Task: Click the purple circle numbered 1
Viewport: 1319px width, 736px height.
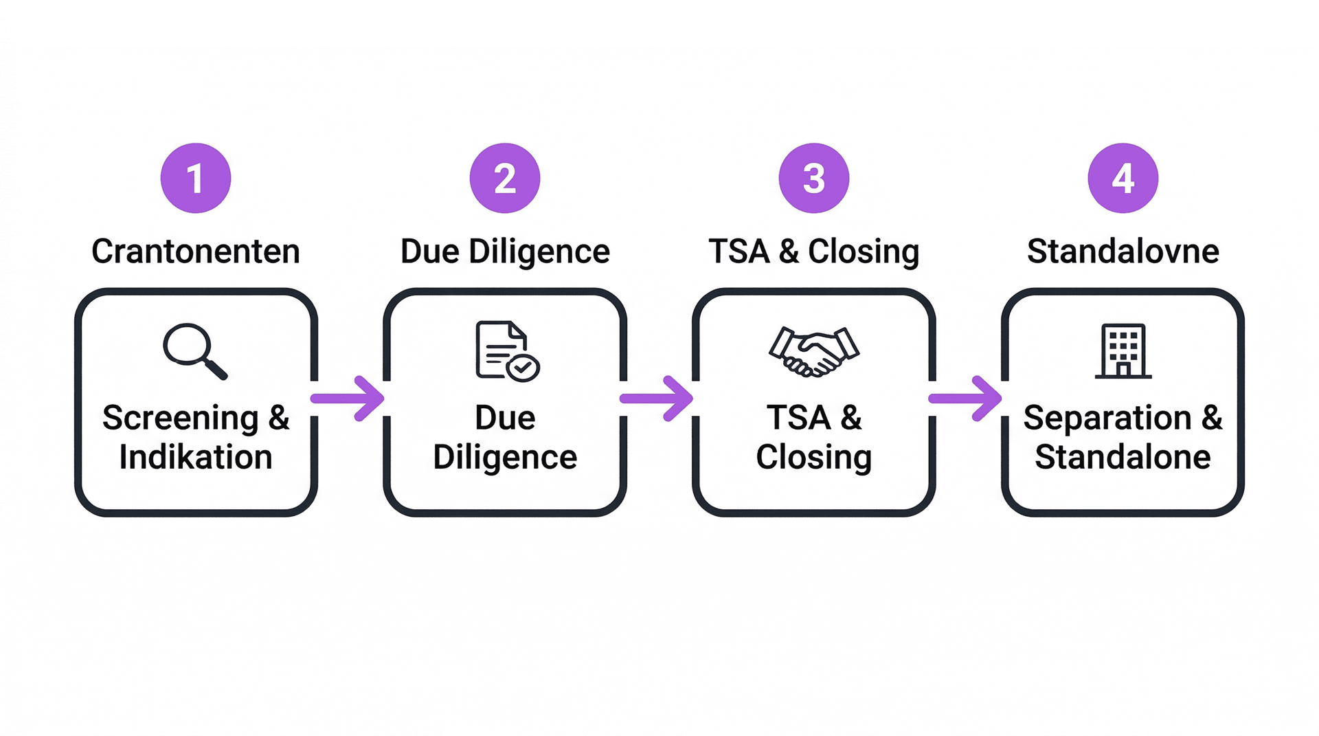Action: (196, 178)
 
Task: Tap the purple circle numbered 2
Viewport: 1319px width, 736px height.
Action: (505, 178)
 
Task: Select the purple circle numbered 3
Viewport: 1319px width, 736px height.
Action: (814, 178)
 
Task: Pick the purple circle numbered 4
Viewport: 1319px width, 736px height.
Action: (1123, 178)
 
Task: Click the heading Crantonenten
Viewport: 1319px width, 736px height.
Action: (196, 252)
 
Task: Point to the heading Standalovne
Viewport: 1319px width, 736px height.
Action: (1123, 252)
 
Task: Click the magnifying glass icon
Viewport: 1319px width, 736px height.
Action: (195, 350)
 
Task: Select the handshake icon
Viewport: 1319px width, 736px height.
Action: (814, 351)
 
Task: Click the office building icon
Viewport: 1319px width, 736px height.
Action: (1123, 350)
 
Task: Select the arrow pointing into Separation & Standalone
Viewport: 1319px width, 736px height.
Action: (966, 399)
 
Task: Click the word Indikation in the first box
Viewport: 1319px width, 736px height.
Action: (196, 458)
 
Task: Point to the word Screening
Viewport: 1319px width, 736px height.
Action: (181, 419)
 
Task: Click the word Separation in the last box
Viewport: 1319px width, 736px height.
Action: (1107, 419)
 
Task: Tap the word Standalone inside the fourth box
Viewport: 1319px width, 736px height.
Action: (1123, 458)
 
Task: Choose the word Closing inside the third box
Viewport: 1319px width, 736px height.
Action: (814, 458)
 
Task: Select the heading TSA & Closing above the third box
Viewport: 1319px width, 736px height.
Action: (814, 252)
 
